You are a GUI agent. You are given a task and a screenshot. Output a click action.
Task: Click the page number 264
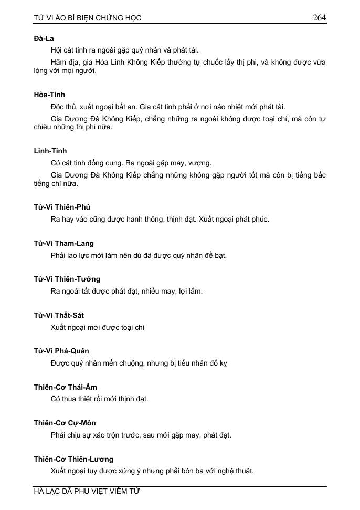coord(319,17)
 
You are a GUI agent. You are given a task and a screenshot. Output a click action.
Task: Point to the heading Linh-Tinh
coord(50,151)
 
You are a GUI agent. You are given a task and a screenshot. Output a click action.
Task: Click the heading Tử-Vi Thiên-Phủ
coord(62,207)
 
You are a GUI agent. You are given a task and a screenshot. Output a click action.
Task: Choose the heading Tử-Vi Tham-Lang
coord(63,243)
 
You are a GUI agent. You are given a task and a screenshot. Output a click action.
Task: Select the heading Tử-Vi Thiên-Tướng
coord(67,279)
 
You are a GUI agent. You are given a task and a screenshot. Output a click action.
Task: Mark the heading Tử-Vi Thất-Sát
coord(59,315)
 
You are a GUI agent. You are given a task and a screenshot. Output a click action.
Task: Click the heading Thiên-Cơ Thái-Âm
coord(65,387)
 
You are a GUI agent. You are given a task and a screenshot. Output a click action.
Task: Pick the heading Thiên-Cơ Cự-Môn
coord(65,423)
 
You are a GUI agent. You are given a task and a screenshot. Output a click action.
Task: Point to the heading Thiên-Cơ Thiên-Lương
coord(73,459)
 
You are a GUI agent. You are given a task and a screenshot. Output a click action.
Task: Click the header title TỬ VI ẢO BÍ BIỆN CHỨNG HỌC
coord(87,18)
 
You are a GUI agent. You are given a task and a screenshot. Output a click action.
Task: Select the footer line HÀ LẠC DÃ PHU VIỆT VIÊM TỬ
coord(87,492)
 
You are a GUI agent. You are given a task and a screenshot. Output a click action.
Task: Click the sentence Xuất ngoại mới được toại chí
coord(98,327)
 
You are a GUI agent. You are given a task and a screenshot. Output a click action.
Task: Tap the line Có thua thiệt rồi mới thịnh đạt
coord(99,399)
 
